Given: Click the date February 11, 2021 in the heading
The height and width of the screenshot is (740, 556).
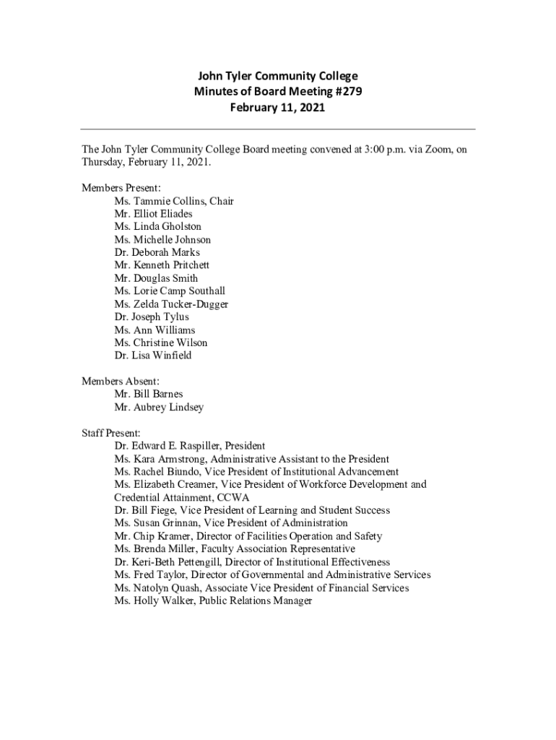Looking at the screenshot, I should click(x=277, y=108).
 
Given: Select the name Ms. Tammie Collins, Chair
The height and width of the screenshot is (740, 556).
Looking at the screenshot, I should click(x=173, y=201).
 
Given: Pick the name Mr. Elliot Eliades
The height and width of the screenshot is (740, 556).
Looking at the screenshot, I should click(x=153, y=214).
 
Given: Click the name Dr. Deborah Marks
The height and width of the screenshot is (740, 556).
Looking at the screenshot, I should click(x=157, y=252).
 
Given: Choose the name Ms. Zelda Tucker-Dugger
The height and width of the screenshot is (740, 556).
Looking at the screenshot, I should click(x=171, y=304).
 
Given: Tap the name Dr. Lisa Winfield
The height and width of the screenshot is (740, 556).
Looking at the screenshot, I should click(x=152, y=356).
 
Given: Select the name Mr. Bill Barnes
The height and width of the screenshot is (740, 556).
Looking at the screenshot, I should click(x=148, y=394).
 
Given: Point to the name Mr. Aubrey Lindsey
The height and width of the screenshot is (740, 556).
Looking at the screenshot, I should click(x=159, y=407).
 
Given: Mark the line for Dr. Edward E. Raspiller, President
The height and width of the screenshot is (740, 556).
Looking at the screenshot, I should click(x=189, y=446).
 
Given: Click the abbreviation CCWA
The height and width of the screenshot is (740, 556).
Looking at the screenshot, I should click(x=243, y=498).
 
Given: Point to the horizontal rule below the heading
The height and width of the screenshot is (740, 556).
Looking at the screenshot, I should click(x=277, y=129).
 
